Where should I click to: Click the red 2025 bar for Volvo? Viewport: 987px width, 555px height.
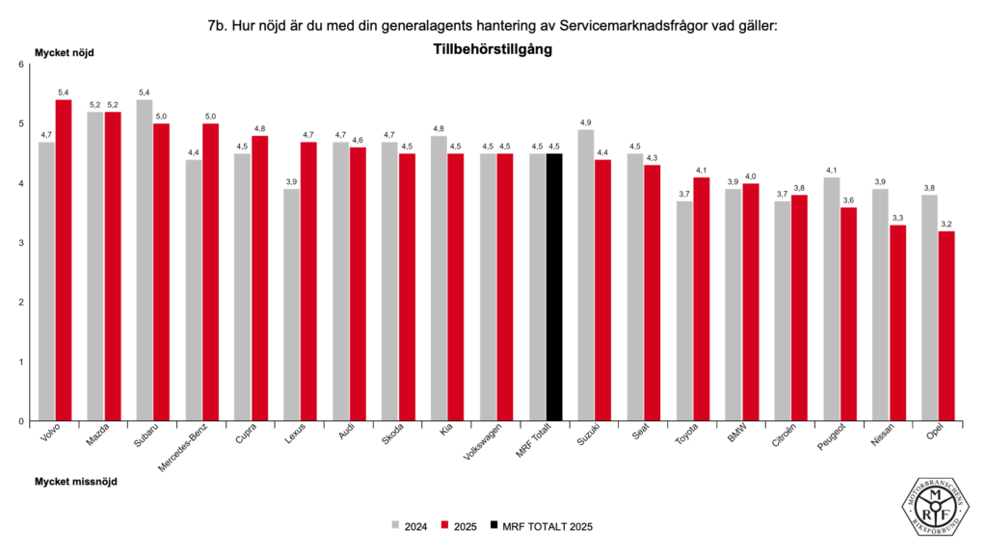(x=64, y=260)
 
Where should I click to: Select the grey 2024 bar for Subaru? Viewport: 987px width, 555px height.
(x=145, y=260)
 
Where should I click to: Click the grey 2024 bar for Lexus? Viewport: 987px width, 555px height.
(x=292, y=304)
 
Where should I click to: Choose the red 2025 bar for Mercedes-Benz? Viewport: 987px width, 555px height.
(x=211, y=272)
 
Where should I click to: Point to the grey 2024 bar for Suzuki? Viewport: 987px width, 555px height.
(x=586, y=275)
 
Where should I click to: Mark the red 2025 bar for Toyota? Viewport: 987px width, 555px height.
(x=702, y=299)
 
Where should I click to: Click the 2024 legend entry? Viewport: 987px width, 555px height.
(x=410, y=526)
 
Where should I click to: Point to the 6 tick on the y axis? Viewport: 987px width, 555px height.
(x=21, y=65)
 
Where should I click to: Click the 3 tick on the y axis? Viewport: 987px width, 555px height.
(x=21, y=243)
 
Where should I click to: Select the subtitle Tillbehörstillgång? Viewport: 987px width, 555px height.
(x=493, y=49)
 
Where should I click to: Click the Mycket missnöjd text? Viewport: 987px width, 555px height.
(x=76, y=480)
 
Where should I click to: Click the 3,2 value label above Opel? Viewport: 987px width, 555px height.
(x=947, y=224)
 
